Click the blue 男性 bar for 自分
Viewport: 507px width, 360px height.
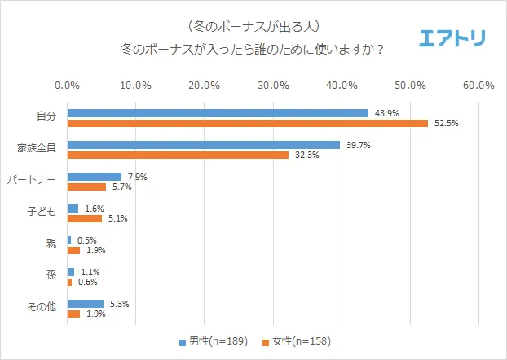tap(218, 113)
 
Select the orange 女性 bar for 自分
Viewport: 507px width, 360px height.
tap(247, 123)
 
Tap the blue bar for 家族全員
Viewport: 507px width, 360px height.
tap(203, 145)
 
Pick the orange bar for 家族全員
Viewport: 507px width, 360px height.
tap(178, 155)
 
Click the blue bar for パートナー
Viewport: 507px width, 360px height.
tap(94, 177)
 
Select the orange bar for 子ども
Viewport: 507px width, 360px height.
tap(84, 217)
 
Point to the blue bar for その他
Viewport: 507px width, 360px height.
tap(85, 304)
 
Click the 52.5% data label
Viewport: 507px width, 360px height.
tap(444, 124)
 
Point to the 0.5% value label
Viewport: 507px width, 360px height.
tap(87, 240)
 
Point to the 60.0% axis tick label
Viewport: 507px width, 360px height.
tap(478, 85)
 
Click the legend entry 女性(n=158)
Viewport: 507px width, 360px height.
tap(300, 340)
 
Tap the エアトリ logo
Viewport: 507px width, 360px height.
tap(452, 38)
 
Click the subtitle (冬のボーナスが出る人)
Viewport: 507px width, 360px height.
tap(253, 26)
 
